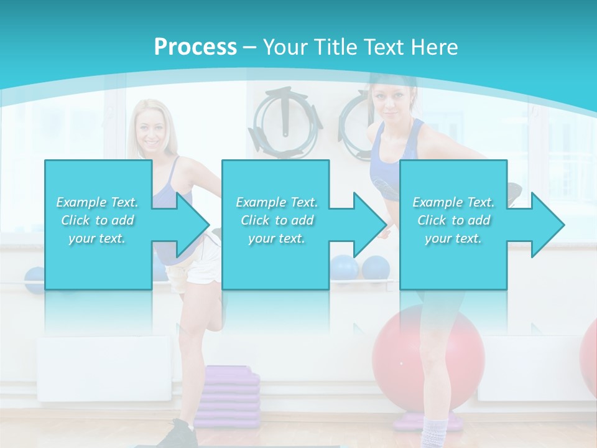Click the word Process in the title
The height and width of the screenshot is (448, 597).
point(195,47)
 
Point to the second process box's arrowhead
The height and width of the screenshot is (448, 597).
point(369,225)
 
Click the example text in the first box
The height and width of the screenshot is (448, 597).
point(98,220)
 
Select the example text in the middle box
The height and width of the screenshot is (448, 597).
point(277,220)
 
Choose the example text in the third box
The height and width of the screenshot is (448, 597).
point(453,220)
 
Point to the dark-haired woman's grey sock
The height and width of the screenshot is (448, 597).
point(435,432)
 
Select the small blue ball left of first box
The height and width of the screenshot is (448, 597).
point(34,280)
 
